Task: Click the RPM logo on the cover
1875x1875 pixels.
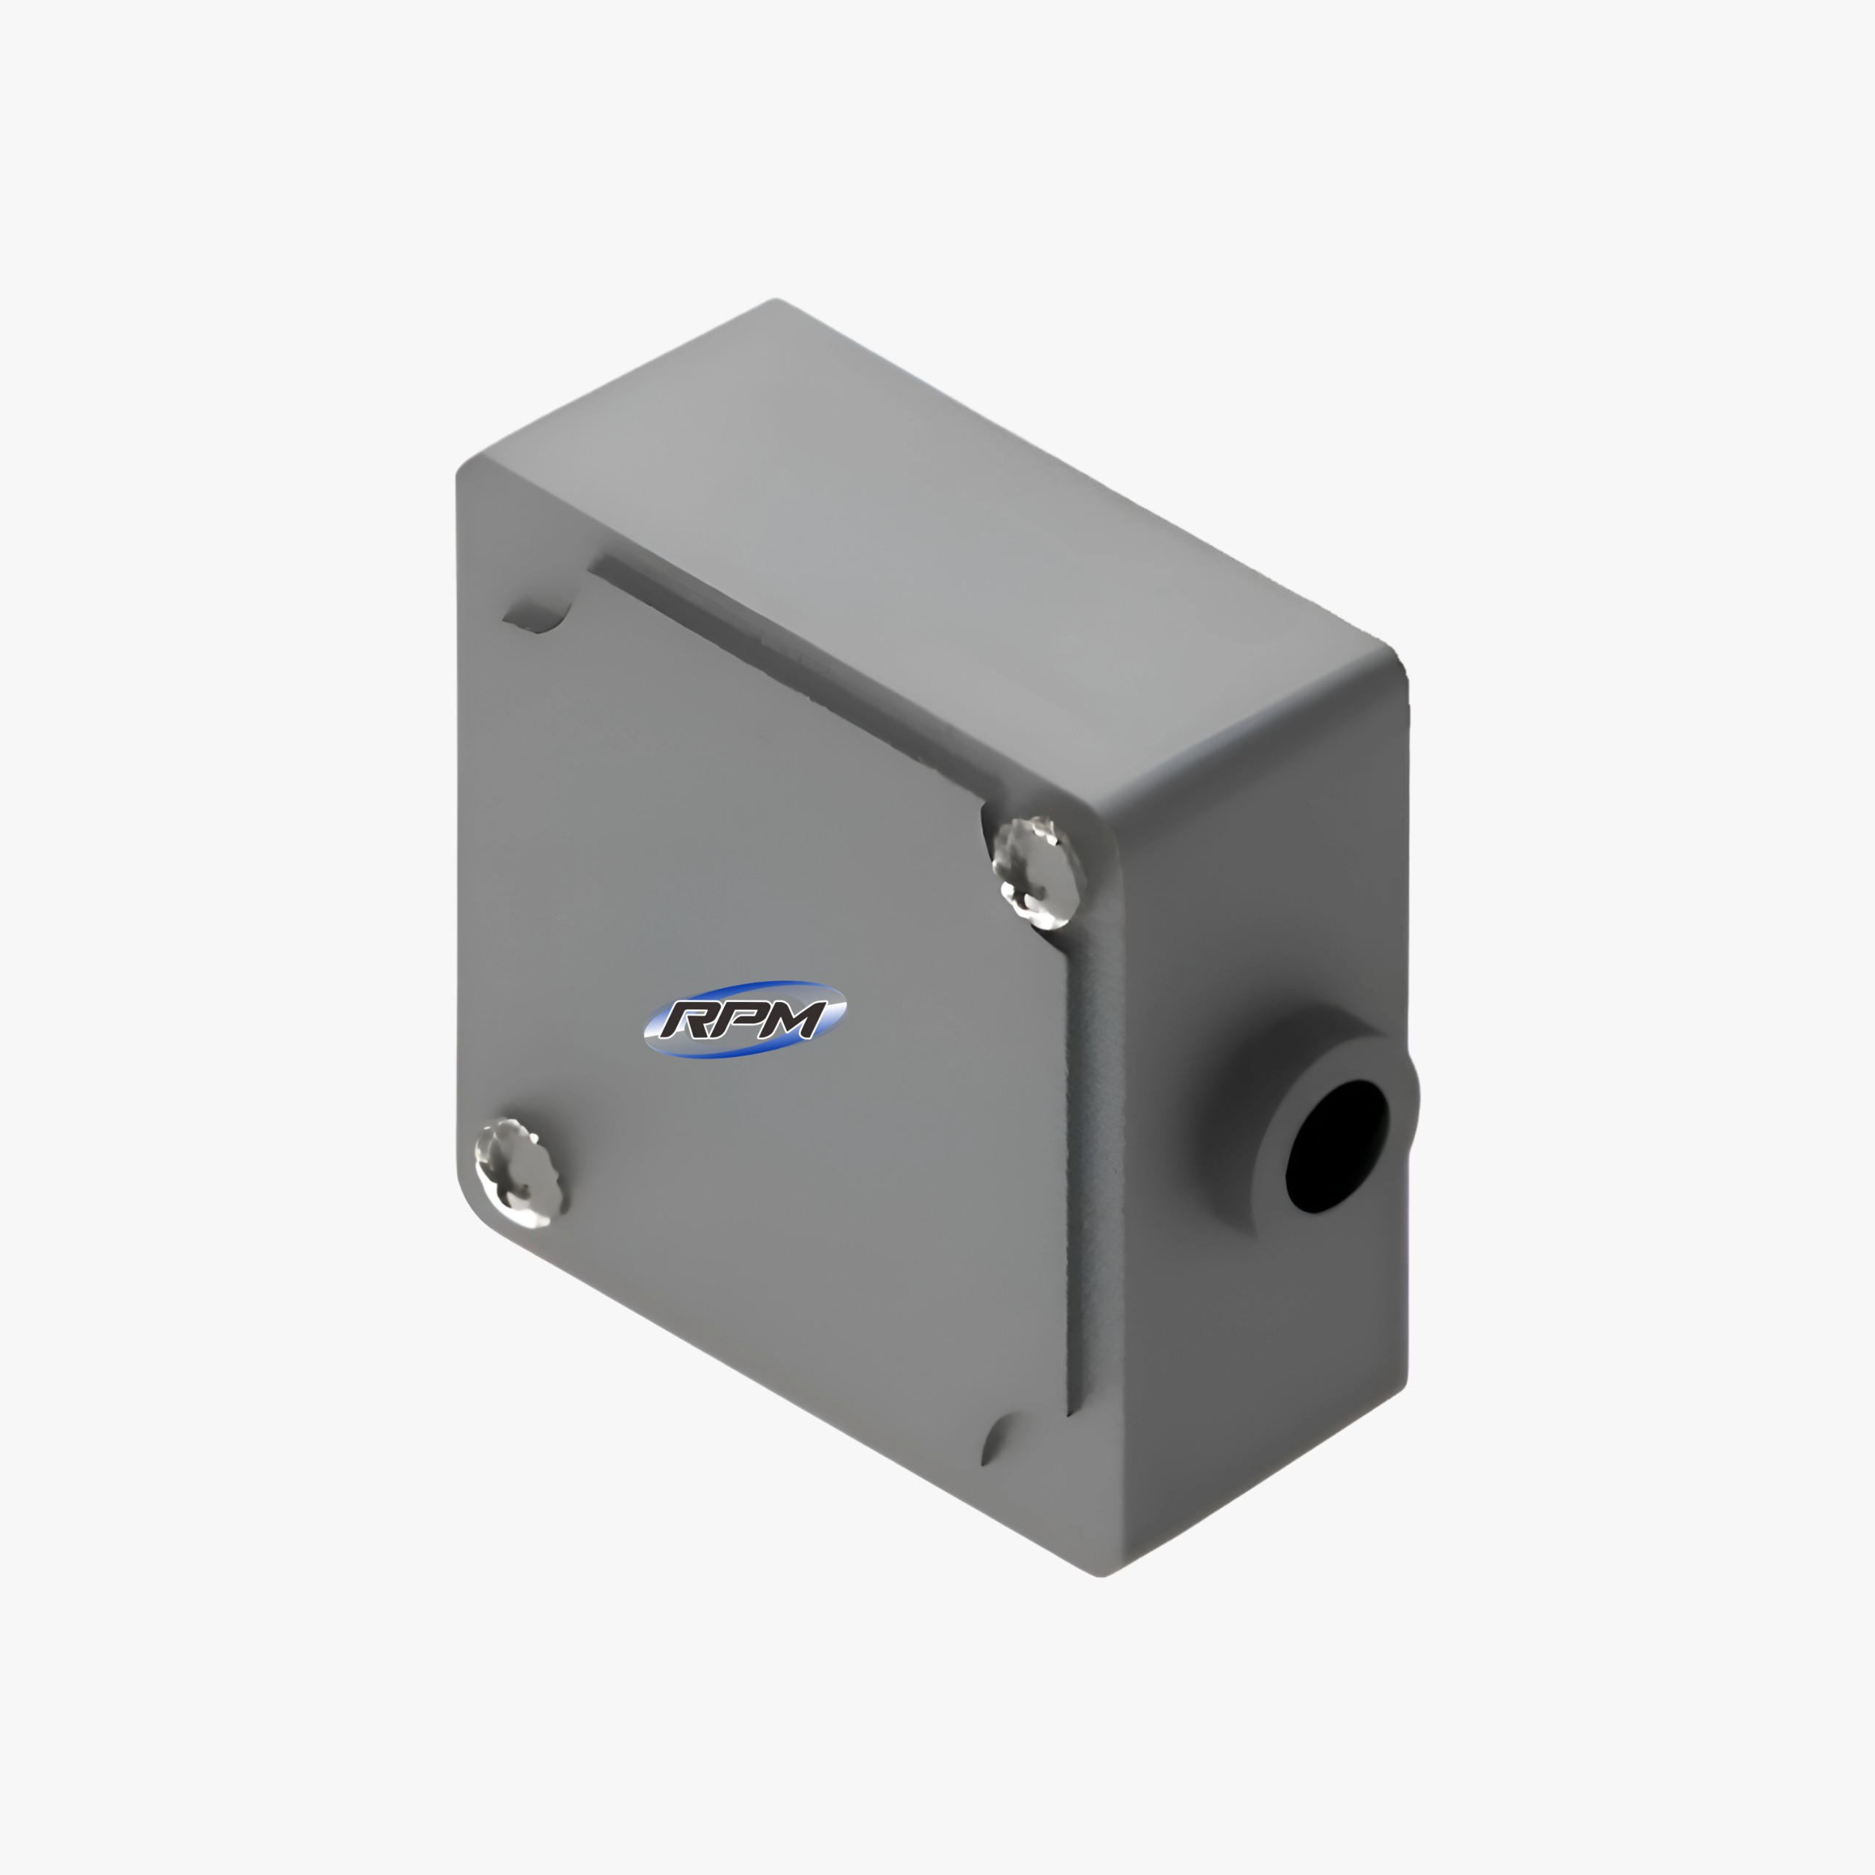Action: click(x=744, y=1018)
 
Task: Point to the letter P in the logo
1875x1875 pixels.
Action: click(x=743, y=1018)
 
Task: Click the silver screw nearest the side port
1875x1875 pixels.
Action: click(x=1036, y=871)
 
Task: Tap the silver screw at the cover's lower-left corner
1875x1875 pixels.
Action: click(x=516, y=1170)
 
